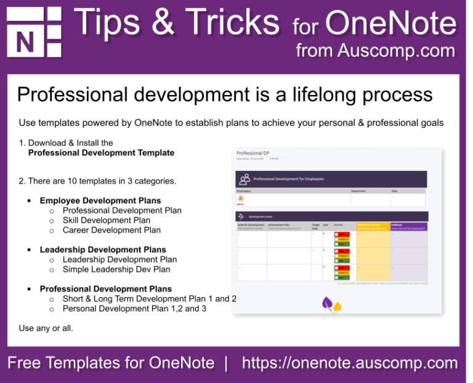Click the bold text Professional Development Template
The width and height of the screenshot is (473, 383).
(x=101, y=153)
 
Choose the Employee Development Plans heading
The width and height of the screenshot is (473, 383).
(x=100, y=200)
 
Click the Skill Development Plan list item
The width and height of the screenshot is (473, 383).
(x=106, y=220)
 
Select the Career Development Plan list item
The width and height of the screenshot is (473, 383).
(x=111, y=230)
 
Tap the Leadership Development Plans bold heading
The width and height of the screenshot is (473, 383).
(x=103, y=250)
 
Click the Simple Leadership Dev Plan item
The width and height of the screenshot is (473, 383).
(x=116, y=270)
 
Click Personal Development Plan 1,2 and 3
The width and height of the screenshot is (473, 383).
(x=134, y=309)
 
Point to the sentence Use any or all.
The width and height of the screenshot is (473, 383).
(x=46, y=328)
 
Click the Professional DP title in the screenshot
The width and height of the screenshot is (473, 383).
(x=253, y=153)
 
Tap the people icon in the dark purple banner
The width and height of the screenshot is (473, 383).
(x=245, y=179)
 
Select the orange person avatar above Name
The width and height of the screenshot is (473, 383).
(x=240, y=199)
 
